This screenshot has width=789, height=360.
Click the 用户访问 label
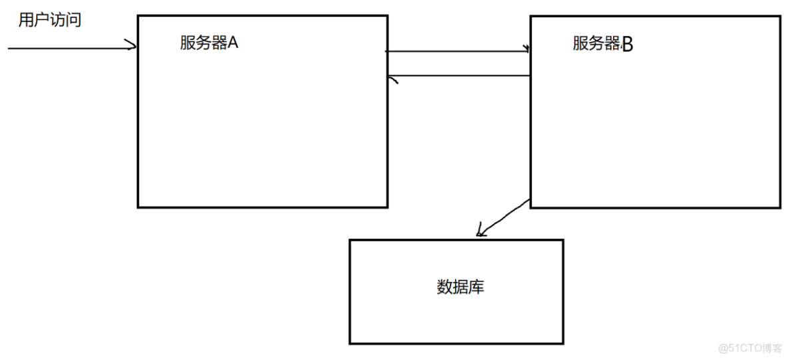point(50,20)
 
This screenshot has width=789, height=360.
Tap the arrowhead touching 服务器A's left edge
point(133,47)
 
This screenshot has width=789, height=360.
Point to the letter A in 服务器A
point(233,43)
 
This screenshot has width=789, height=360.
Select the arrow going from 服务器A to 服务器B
point(456,51)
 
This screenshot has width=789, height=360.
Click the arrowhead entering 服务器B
point(526,49)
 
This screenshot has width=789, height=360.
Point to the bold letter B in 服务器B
point(627,45)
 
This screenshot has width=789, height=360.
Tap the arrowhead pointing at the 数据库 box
point(481,232)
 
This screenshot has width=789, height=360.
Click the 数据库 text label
point(459,288)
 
